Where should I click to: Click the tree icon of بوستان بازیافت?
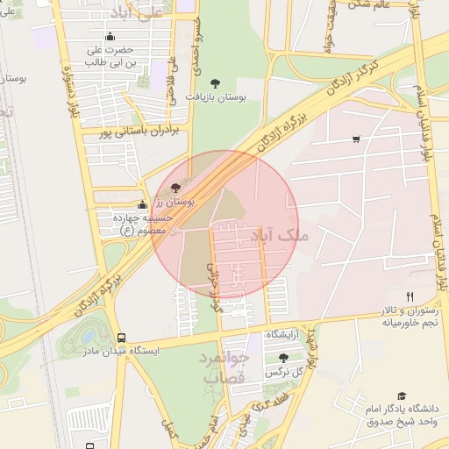coord(215,83)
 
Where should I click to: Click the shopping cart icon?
coord(356,139)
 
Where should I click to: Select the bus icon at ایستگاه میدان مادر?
coord(121,338)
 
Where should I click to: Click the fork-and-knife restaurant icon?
coord(410,296)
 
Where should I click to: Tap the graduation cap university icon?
coord(402,396)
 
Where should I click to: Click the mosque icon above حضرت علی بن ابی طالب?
coord(110,37)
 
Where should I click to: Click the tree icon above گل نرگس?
coord(283,358)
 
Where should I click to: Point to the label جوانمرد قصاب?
coord(227,367)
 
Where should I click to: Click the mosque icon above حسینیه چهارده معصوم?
coord(143,204)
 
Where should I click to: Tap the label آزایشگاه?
coord(282,336)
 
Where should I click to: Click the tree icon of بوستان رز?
coord(175,187)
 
